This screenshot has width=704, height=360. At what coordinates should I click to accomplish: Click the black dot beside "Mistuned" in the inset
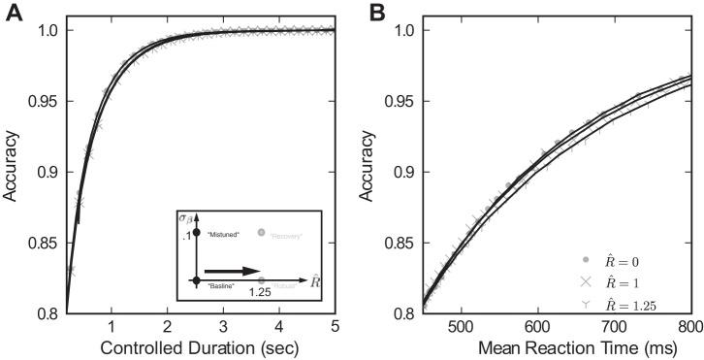196,233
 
